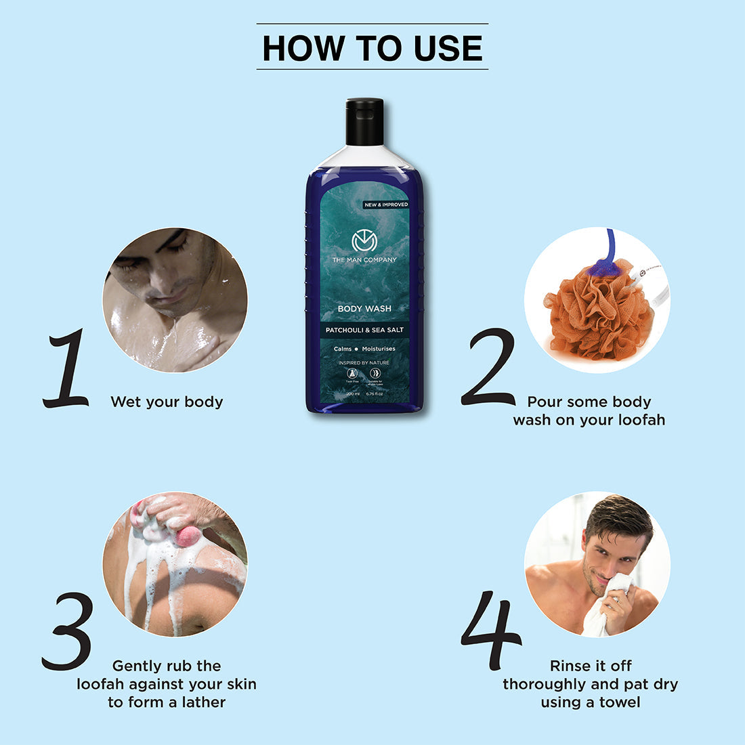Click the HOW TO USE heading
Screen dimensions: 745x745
click(372, 47)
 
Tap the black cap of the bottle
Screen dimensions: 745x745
click(364, 122)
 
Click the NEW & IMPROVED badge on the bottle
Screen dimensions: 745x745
click(385, 205)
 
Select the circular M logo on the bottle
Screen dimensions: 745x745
click(364, 241)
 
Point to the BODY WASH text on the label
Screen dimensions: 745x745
click(364, 309)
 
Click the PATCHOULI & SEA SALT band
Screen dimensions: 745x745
click(364, 330)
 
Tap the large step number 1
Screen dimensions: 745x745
click(66, 369)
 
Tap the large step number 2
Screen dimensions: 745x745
click(489, 368)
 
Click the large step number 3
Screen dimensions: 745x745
click(68, 631)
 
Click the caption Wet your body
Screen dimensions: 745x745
click(167, 402)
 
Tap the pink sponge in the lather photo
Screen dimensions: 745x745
click(189, 536)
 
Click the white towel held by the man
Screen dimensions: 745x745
click(603, 610)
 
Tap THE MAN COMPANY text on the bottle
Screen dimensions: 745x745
click(364, 260)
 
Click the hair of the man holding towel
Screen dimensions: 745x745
click(620, 518)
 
